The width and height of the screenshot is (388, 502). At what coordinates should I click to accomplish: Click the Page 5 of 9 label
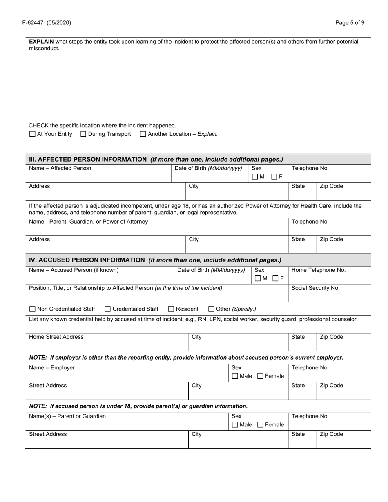tap(350, 23)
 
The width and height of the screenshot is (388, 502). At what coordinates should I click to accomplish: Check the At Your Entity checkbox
tap(32, 134)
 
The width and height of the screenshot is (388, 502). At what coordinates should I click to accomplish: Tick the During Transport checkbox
tap(83, 134)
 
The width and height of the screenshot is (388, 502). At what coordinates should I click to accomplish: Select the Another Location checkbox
tap(143, 134)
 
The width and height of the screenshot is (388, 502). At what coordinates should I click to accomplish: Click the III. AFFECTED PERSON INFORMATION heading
tap(88, 160)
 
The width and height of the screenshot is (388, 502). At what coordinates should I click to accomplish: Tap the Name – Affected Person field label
tap(60, 168)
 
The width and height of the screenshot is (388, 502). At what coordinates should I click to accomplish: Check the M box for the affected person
tap(255, 177)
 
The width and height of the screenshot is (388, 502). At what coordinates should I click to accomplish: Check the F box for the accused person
tap(275, 279)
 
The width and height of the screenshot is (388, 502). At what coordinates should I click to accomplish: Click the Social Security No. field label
tap(315, 288)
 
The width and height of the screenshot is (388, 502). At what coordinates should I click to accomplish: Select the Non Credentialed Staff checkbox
tap(33, 309)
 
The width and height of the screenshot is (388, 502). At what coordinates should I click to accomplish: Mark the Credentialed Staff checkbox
tap(108, 309)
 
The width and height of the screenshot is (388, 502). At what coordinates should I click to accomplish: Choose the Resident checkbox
tap(171, 309)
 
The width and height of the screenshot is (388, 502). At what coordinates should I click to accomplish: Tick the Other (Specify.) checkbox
tap(211, 309)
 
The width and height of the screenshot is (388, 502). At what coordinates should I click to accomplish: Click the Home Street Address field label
tap(56, 337)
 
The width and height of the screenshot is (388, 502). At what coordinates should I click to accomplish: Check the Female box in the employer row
tap(260, 376)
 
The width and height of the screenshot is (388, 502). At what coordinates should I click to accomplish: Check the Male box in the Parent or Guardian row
tap(235, 425)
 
